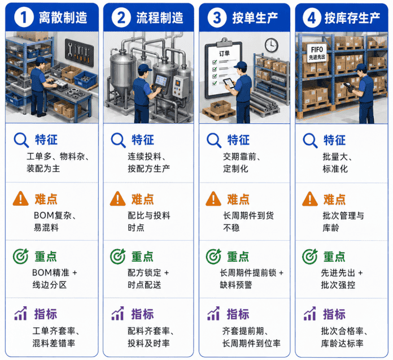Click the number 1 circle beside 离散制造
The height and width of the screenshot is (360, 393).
point(24,18)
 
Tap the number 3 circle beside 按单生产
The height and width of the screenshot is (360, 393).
point(217,18)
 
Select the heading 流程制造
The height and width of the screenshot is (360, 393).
point(160,18)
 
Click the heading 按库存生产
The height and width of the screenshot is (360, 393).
point(352,18)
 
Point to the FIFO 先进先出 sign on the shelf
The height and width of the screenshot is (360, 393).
point(317,52)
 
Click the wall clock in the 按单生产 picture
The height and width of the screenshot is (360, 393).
point(272,45)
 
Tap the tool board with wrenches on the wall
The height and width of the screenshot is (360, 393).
point(79,52)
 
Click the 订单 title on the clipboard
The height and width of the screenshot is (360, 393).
point(225,53)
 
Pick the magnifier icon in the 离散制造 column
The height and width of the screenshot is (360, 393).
point(21,140)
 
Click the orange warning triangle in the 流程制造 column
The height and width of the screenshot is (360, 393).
point(117,199)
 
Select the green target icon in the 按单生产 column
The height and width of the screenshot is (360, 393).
point(213,257)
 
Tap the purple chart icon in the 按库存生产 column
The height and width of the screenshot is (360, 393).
point(310,314)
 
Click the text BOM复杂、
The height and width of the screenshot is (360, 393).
point(55,215)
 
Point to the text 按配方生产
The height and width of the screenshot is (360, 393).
point(149,168)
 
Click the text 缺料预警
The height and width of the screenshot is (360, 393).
point(236,285)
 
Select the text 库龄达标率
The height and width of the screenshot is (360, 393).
point(342,343)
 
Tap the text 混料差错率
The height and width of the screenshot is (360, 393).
point(54,343)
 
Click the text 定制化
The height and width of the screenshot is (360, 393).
point(235,168)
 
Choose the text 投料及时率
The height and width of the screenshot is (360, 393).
point(149,343)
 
